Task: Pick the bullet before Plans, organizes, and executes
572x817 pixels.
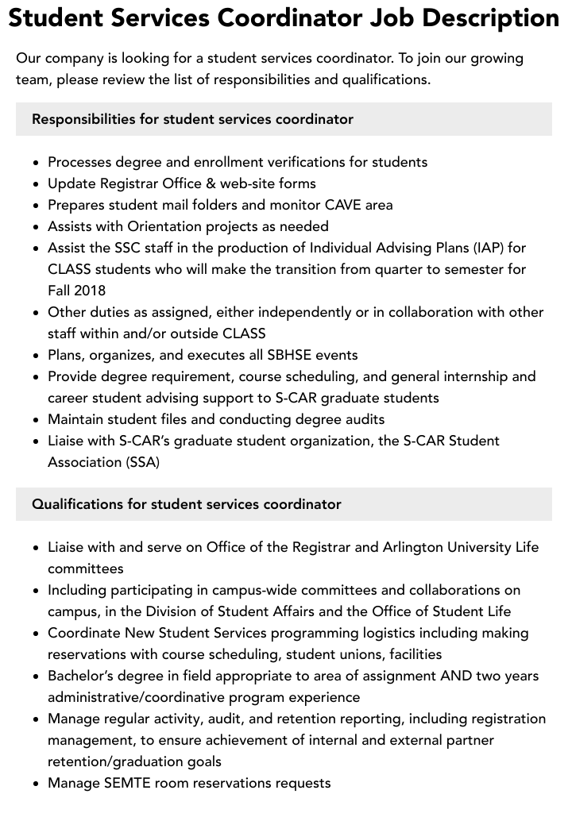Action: click(37, 356)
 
